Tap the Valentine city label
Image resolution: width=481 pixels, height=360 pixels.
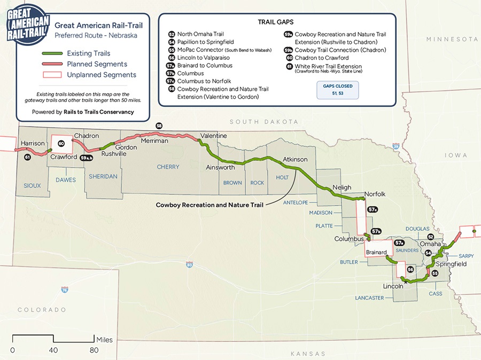click(x=213, y=136)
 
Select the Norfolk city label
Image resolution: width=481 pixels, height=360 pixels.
click(x=375, y=194)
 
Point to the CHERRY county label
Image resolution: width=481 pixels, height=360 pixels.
click(x=168, y=167)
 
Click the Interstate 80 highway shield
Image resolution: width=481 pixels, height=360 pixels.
click(x=189, y=264)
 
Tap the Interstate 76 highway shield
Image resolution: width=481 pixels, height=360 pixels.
click(x=64, y=289)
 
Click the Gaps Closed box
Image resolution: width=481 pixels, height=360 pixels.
click(x=337, y=89)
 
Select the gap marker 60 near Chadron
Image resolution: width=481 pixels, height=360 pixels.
click(x=61, y=143)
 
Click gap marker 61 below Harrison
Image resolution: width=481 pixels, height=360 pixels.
click(x=27, y=157)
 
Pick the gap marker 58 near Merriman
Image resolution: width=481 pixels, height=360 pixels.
click(x=159, y=126)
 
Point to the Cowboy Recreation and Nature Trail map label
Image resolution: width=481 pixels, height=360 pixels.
click(x=210, y=205)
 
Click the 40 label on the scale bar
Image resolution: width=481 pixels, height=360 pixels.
click(x=53, y=350)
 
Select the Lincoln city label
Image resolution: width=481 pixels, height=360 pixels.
click(x=393, y=286)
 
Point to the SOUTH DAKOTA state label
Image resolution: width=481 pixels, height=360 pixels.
click(x=263, y=122)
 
